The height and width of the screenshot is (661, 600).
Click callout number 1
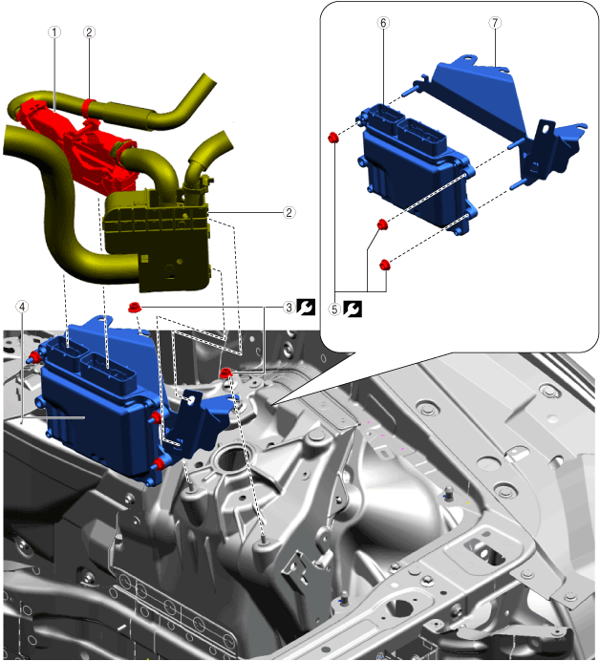54,32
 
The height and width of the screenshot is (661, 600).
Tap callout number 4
22,307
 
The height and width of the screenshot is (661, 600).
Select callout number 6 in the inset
383,23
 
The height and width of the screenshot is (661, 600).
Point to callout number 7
496,23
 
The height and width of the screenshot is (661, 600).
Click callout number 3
289,308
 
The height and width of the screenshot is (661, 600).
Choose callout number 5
334,309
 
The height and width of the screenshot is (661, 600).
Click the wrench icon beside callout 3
306,308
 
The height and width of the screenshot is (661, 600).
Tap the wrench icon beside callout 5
353,309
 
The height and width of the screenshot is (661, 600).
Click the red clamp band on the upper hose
89,107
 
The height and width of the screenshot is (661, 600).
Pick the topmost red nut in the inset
333,137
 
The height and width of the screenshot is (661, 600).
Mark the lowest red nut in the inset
384,265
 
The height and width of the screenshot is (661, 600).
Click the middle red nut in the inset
382,224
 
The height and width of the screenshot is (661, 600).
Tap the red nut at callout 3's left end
135,308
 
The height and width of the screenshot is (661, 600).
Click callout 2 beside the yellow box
289,212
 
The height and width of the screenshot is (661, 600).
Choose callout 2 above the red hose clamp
89,32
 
